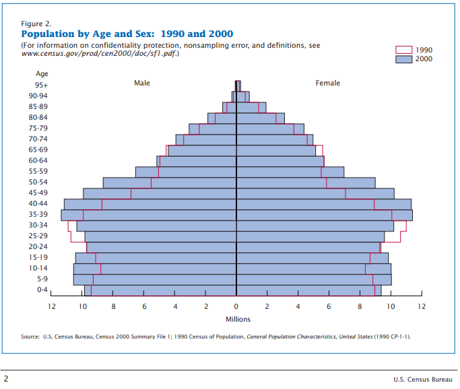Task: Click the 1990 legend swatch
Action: pyautogui.click(x=402, y=50)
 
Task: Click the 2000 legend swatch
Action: pyautogui.click(x=402, y=59)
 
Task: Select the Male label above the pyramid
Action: pyautogui.click(x=142, y=83)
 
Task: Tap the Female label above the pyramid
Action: pyautogui.click(x=328, y=83)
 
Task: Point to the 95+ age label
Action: pyautogui.click(x=42, y=85)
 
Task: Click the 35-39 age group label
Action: pyautogui.click(x=42, y=214)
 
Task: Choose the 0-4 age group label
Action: pyautogui.click(x=42, y=289)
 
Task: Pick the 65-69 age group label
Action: pyautogui.click(x=42, y=149)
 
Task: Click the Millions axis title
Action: pyautogui.click(x=238, y=319)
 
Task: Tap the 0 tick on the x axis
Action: pyautogui.click(x=236, y=306)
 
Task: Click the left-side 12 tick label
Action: pyautogui.click(x=51, y=306)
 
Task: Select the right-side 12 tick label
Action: pyautogui.click(x=422, y=306)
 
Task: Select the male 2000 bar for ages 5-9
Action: pyautogui.click(x=155, y=279)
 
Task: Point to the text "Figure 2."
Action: pyautogui.click(x=36, y=23)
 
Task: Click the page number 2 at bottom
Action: pyautogui.click(x=6, y=378)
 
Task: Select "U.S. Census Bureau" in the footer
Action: pyautogui.click(x=423, y=379)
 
